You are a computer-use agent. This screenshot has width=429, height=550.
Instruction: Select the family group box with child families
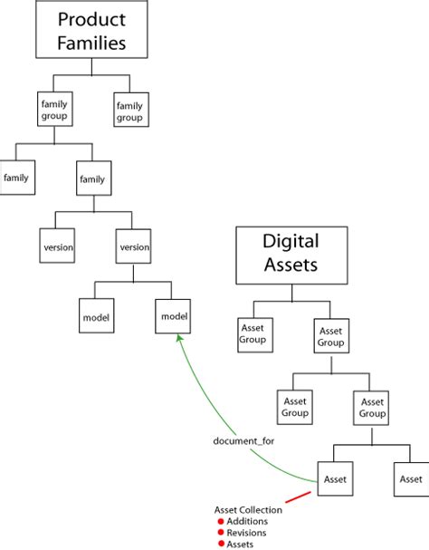(x=53, y=111)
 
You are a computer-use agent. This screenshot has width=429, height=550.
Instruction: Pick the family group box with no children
(x=130, y=111)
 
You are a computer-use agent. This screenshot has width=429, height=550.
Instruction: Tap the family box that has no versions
(x=16, y=178)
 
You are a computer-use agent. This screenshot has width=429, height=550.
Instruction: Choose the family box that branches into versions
(x=93, y=179)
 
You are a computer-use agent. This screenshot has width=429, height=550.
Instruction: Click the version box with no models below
(x=58, y=246)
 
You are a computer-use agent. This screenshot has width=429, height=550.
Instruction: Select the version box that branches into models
(x=134, y=246)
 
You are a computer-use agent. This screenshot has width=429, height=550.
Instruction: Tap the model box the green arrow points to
(x=173, y=316)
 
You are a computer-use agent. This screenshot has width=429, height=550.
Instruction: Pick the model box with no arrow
(x=96, y=316)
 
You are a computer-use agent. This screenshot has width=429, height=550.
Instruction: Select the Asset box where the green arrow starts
(x=335, y=478)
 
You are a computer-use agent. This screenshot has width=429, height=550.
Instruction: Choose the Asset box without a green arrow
(x=411, y=478)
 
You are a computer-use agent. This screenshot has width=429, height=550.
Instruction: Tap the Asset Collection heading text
(x=247, y=510)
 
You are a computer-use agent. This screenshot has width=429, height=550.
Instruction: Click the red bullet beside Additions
(x=220, y=522)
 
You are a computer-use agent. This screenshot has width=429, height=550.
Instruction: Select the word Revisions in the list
(x=245, y=533)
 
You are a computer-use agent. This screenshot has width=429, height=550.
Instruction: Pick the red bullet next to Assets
(x=220, y=544)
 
